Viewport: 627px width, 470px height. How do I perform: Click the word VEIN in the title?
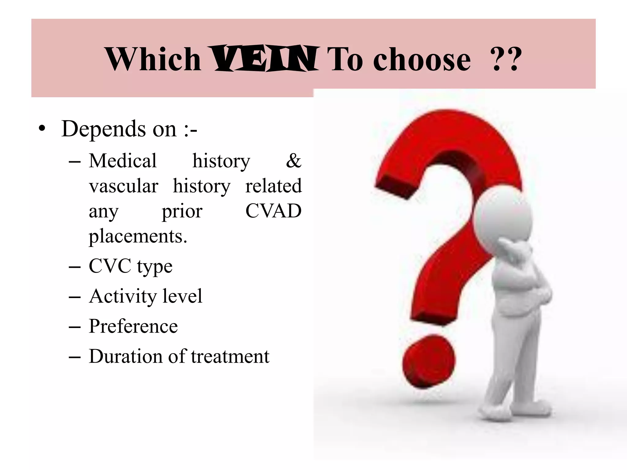tap(264, 59)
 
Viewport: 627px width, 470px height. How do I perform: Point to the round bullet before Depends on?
tap(42, 129)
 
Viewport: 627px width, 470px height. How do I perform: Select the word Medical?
tap(122, 161)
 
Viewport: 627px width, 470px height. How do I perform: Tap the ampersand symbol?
tap(293, 161)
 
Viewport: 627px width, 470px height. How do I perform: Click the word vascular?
tap(123, 186)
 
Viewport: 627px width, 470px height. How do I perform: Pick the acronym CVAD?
tap(273, 211)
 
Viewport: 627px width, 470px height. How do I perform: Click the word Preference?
tap(133, 326)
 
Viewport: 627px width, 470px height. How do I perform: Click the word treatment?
tap(230, 356)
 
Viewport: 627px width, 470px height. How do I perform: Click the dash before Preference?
tap(75, 327)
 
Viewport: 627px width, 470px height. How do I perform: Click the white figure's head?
tap(502, 214)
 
